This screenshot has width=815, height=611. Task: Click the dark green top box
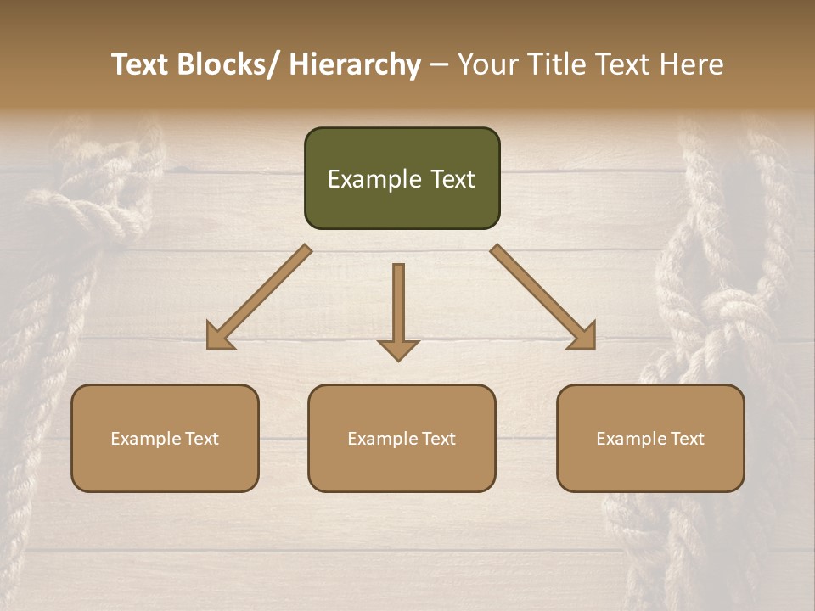pyautogui.click(x=402, y=178)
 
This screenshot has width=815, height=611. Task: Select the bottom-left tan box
pyautogui.click(x=165, y=438)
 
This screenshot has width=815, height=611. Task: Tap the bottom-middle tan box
pyautogui.click(x=402, y=438)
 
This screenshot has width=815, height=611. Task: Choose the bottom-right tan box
pyautogui.click(x=650, y=438)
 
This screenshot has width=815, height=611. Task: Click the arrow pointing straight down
pyautogui.click(x=398, y=310)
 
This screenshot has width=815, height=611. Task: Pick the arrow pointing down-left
pyautogui.click(x=259, y=297)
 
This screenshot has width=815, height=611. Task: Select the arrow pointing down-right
pyautogui.click(x=543, y=297)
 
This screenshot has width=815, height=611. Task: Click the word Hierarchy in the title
pyautogui.click(x=355, y=64)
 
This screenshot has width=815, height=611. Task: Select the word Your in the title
pyautogui.click(x=485, y=64)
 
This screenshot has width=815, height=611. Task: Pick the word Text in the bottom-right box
pyautogui.click(x=687, y=438)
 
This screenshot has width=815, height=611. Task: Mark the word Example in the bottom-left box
pyautogui.click(x=145, y=438)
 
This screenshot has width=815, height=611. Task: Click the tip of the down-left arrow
pyautogui.click(x=209, y=347)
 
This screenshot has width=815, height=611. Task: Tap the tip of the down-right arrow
pyautogui.click(x=593, y=347)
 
